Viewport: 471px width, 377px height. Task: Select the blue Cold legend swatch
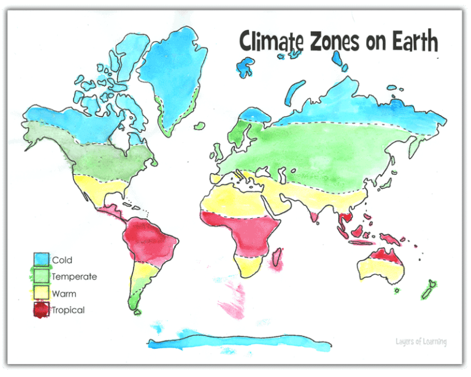pyautogui.click(x=42, y=260)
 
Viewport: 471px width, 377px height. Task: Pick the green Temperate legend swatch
pyautogui.click(x=42, y=276)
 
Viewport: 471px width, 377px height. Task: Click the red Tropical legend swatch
pyautogui.click(x=42, y=310)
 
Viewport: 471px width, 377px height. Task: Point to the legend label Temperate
pyautogui.click(x=74, y=277)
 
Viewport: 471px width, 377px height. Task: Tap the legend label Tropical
pyautogui.click(x=68, y=311)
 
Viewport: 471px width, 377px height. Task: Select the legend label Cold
pyautogui.click(x=62, y=261)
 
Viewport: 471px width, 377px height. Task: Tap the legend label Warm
pyautogui.click(x=64, y=294)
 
